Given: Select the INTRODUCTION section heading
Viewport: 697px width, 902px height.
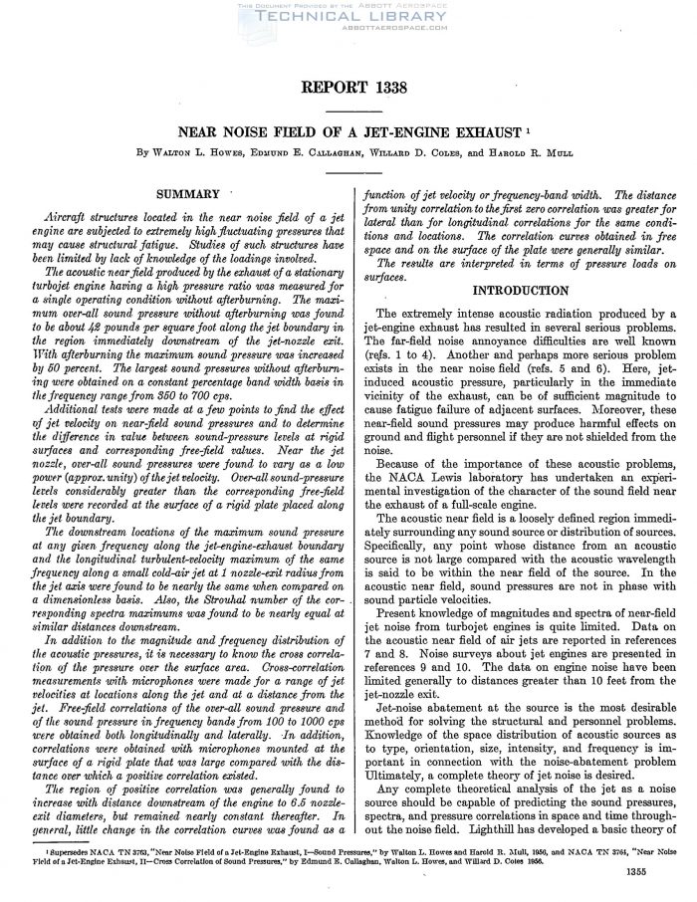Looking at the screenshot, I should point(514,291).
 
